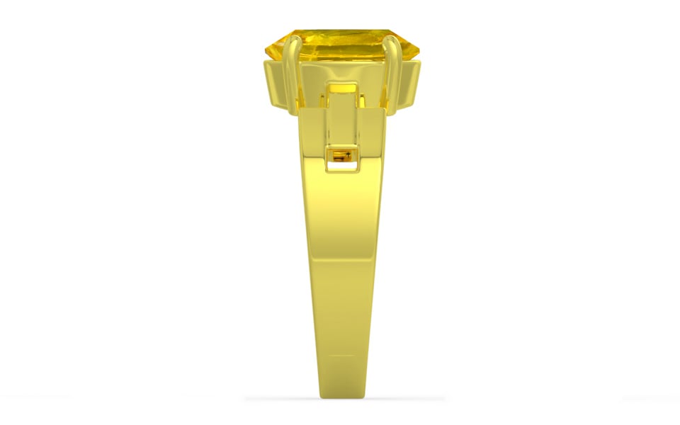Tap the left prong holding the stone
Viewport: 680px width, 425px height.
point(290,78)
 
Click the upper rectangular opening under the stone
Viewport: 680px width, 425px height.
point(342,88)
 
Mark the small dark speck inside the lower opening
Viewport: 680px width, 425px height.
point(346,157)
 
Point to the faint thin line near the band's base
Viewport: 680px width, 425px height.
point(343,356)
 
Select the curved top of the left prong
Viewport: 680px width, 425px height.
point(290,42)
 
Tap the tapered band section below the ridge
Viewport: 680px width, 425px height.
point(343,312)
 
